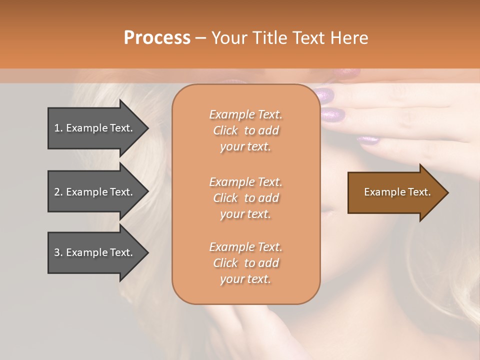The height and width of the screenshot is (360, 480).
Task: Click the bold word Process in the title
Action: (157, 38)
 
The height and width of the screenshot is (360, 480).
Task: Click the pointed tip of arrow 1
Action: (147, 128)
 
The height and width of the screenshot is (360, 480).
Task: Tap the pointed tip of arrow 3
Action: (147, 252)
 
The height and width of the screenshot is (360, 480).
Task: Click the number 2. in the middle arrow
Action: (58, 192)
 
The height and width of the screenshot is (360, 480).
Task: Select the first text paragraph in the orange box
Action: (245, 130)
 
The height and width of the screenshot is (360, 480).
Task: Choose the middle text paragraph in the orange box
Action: (245, 198)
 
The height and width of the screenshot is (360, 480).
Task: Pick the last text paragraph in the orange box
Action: (245, 263)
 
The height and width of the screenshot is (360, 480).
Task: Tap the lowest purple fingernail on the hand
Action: (368, 140)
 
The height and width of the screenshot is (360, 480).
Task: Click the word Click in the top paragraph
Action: (225, 130)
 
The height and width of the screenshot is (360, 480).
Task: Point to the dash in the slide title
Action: (200, 38)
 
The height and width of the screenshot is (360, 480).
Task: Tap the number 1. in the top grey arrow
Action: (58, 128)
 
